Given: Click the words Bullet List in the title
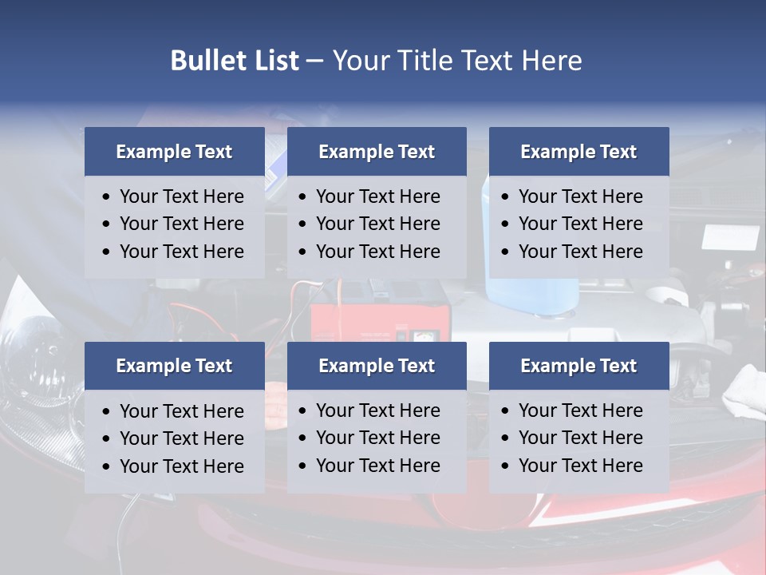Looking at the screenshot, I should [235, 61].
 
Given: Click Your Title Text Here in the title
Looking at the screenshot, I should [456, 61].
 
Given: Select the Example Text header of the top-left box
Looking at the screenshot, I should [174, 152].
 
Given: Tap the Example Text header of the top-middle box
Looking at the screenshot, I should [377, 152].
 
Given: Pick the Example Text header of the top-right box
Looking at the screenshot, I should [578, 152].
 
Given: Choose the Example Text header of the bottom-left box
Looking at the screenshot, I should [174, 366].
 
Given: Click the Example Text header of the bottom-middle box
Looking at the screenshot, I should [377, 366].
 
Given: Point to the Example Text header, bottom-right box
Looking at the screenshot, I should [578, 366].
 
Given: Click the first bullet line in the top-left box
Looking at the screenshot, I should [181, 196].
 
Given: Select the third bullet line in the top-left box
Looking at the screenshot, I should [181, 252].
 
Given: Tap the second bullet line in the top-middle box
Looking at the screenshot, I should [377, 224].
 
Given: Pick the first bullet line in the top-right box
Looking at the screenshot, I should [580, 196].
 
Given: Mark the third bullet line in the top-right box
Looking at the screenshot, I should [580, 252].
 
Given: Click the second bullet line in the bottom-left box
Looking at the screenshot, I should [181, 438].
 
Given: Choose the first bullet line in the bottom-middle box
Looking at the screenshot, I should [377, 410].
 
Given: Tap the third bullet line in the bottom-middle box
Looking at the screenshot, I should [377, 466].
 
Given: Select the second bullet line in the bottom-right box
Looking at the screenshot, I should [580, 438].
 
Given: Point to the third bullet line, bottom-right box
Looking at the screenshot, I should [580, 466].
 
